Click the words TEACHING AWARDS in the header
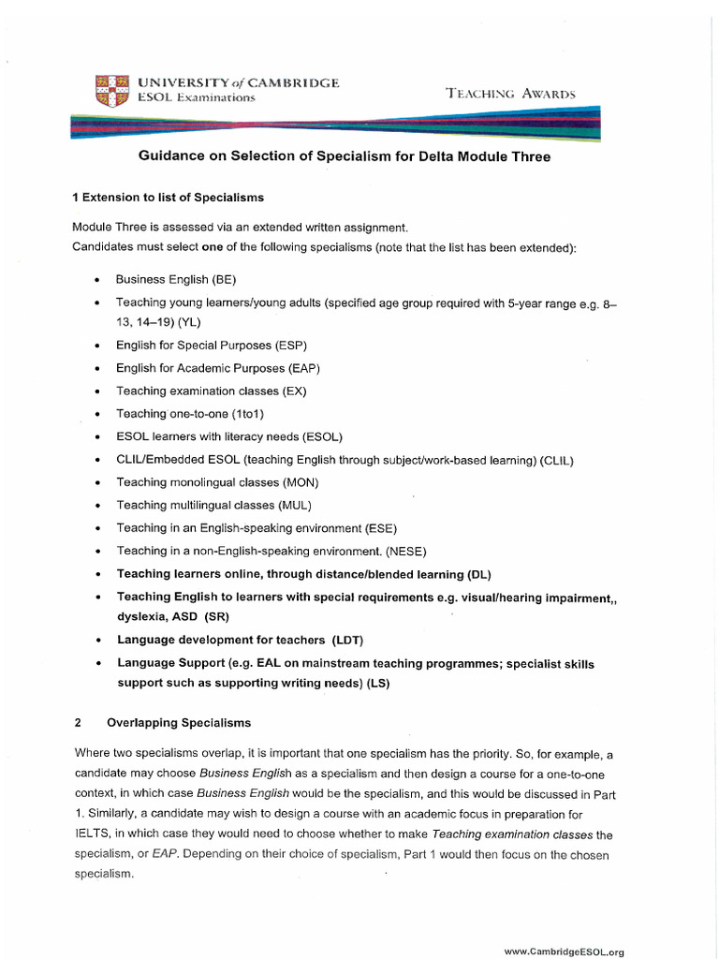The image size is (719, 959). tap(510, 93)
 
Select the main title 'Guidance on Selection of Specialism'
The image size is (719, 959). tap(345, 156)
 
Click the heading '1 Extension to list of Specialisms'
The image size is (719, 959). tap(168, 198)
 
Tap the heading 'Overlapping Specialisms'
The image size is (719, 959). tap(179, 723)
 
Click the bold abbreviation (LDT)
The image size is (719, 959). tap(346, 640)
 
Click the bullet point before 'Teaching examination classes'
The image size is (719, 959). tap(97, 391)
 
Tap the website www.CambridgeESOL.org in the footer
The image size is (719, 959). tap(564, 952)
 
